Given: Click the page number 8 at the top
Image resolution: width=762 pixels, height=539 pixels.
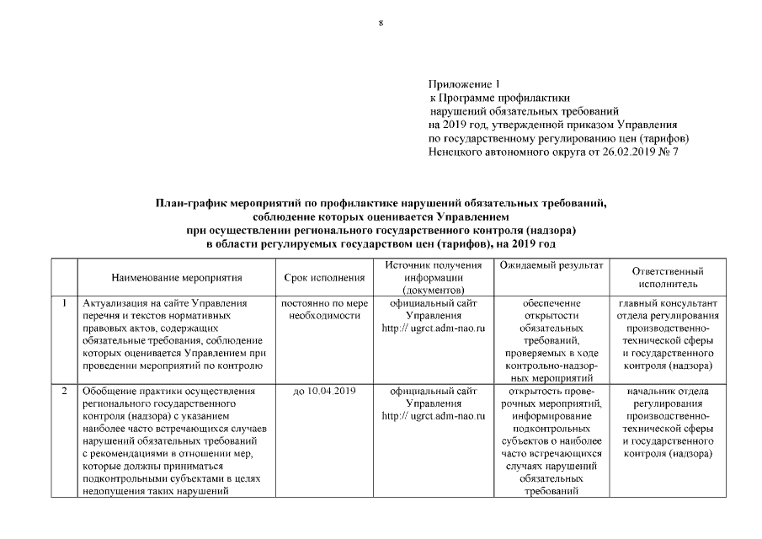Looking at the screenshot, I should (x=381, y=24).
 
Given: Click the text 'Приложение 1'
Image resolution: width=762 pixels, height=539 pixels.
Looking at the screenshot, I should (x=464, y=84).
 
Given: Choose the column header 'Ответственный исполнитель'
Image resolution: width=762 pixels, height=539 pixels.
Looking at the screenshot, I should (x=668, y=278).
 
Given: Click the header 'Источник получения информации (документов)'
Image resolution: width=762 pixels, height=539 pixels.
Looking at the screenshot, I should (x=434, y=277).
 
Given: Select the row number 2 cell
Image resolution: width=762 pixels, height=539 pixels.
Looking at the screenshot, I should (x=64, y=391).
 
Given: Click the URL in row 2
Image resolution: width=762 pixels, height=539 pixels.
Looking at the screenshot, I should (x=434, y=416).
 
